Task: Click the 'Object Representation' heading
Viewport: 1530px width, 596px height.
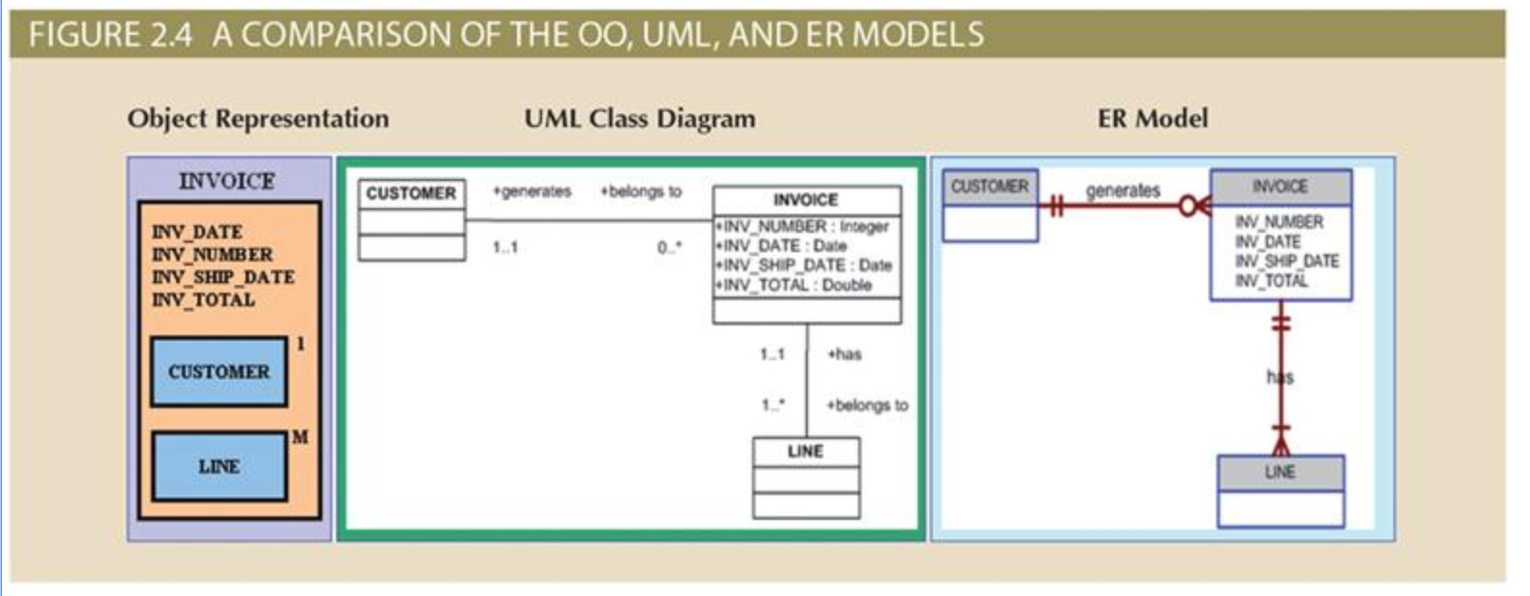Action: click(258, 118)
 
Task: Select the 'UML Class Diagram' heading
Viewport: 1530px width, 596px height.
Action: click(640, 118)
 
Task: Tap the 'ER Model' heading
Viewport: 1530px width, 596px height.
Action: click(1153, 118)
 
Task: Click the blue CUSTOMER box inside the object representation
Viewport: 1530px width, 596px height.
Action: click(220, 372)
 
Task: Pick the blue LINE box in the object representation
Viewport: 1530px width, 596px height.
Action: click(220, 466)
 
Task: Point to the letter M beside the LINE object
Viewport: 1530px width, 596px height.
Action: click(299, 437)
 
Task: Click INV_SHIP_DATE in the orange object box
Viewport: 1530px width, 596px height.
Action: click(223, 277)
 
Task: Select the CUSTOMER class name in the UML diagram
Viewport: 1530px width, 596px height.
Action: click(411, 194)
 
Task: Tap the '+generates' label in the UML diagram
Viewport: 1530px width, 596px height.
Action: click(532, 192)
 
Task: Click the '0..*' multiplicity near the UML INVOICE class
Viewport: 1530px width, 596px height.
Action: click(669, 247)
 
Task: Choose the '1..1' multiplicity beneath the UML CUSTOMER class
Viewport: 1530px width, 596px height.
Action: click(506, 247)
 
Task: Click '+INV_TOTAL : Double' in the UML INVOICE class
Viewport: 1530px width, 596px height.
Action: click(793, 285)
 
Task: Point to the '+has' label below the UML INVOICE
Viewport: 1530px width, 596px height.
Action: click(844, 353)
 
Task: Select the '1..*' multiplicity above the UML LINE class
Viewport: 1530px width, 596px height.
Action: click(773, 404)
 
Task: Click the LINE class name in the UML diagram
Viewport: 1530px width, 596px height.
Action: click(806, 452)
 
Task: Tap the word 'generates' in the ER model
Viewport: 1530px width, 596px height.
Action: click(1124, 191)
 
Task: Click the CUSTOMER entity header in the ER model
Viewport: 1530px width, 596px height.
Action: click(991, 187)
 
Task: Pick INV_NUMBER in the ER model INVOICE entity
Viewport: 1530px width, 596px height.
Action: click(1280, 221)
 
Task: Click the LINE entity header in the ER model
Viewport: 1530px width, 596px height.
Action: click(1281, 473)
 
